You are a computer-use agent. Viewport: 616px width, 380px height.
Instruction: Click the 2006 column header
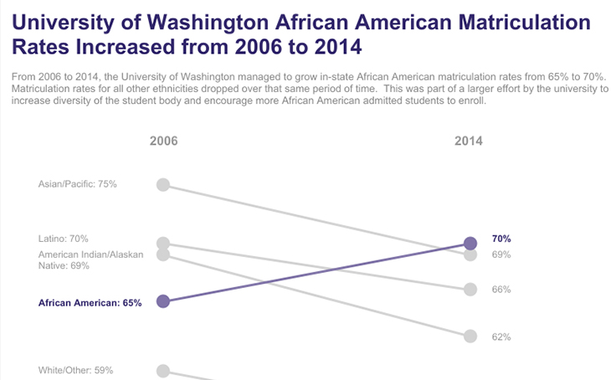163,141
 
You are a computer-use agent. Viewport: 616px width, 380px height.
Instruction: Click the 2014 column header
469,141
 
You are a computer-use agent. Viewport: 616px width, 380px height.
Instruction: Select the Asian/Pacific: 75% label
78,184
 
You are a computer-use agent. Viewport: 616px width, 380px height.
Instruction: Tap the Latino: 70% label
64,239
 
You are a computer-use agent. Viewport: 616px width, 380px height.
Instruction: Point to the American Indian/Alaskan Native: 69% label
91,259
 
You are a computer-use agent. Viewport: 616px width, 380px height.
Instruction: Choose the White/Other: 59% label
76,370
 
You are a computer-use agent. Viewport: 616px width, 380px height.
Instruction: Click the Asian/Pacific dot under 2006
163,184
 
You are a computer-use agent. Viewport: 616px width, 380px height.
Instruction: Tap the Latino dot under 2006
163,243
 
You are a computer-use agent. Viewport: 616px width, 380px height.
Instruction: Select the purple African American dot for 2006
163,301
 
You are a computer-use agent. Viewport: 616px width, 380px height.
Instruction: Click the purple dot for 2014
470,243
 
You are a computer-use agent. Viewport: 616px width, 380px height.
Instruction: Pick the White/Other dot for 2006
163,371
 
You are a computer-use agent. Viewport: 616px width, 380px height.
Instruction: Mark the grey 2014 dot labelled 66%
470,290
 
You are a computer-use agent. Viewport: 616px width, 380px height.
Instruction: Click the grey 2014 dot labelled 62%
470,336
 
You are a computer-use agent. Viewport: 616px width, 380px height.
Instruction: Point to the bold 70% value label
501,239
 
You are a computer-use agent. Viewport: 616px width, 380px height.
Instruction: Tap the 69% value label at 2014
501,254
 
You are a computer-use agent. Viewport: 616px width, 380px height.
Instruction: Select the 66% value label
501,290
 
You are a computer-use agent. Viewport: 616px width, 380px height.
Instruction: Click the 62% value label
501,337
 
